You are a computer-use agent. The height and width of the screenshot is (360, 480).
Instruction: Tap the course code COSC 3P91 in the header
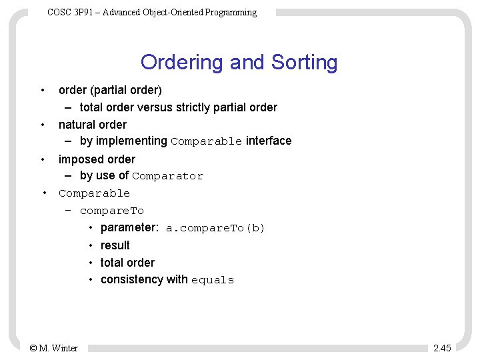(69, 13)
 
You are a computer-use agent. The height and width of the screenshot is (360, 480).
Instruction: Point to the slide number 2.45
(442, 348)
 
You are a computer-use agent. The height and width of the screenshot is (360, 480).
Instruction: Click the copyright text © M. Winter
(54, 348)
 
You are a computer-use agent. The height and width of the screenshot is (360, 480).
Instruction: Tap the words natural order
(93, 125)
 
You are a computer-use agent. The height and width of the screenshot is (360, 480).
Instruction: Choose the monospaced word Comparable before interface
(207, 141)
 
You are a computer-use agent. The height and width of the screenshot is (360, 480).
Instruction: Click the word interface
(269, 141)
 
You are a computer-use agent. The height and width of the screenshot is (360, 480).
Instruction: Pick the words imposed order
(97, 159)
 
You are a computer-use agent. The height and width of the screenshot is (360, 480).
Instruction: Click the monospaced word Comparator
(167, 177)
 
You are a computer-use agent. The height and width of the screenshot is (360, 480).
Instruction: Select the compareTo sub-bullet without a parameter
(111, 211)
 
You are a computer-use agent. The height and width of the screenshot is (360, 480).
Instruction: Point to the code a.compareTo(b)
(215, 229)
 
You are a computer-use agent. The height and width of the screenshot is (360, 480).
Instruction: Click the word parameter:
(129, 228)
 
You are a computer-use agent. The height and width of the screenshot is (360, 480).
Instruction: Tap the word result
(115, 245)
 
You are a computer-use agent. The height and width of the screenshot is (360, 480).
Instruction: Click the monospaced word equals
(213, 281)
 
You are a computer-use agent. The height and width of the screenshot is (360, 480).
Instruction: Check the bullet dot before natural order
(43, 124)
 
